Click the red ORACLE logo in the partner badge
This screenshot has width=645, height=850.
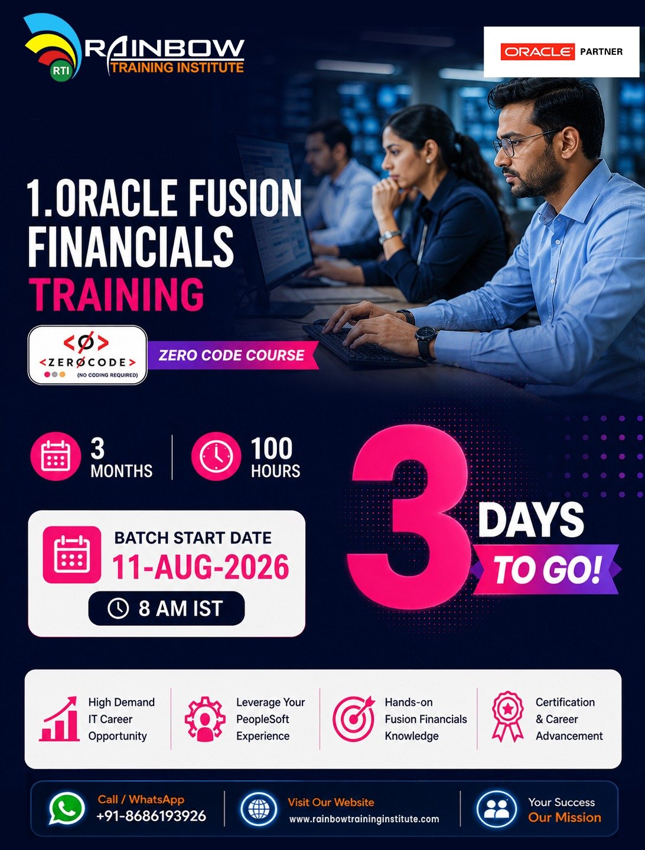537,51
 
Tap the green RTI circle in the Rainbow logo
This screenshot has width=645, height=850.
61,71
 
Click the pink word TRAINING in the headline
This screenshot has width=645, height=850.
116,295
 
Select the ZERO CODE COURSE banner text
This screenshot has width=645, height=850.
232,355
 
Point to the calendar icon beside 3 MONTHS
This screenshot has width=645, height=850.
56,456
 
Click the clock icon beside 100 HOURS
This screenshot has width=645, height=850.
216,456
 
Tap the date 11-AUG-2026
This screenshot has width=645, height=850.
201,567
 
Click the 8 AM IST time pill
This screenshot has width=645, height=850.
167,608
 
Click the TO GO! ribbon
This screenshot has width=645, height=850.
546,569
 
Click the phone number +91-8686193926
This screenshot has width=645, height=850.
151,816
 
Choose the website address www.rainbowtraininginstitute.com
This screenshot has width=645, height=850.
364,819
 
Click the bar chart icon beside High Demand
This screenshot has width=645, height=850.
59,719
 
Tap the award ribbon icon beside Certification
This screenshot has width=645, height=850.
508,717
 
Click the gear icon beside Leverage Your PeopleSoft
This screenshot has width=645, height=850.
205,719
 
